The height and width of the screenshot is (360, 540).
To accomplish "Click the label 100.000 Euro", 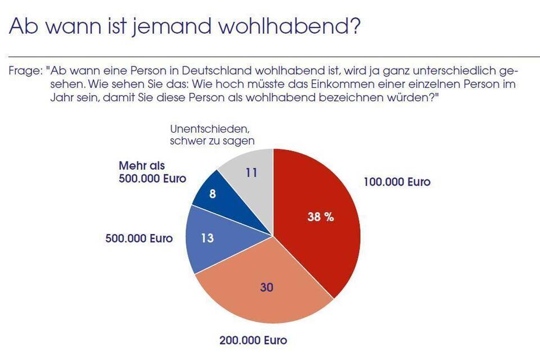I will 397,182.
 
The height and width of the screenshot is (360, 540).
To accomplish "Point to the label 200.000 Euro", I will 253,340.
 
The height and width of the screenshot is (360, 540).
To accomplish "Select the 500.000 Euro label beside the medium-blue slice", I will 139,238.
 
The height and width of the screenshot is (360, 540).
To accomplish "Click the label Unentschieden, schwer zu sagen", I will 213,135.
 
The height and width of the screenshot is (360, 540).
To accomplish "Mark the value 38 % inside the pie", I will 321,217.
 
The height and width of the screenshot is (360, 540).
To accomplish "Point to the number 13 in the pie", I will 207,238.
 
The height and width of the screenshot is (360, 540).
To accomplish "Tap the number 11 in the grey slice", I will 251,173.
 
